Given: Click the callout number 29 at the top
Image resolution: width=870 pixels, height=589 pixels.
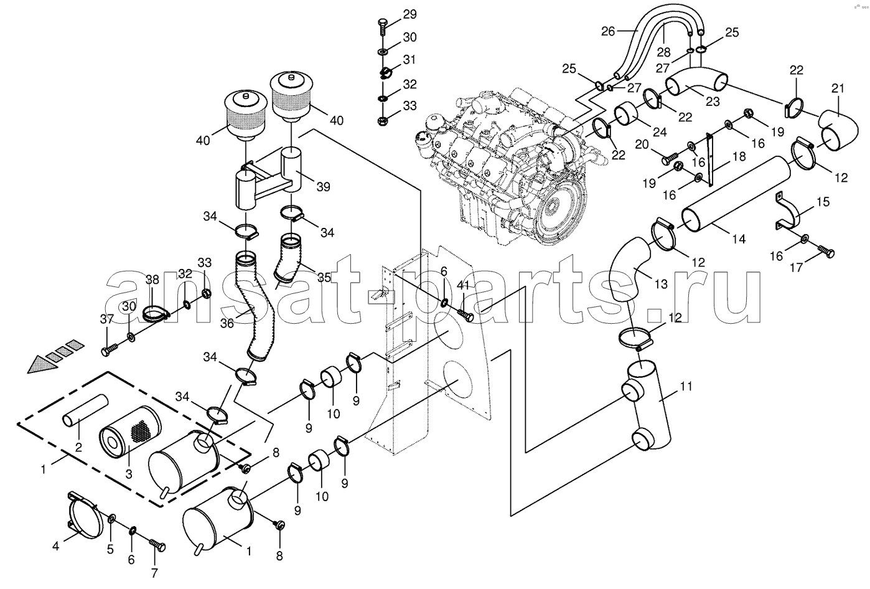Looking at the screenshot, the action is (x=409, y=14).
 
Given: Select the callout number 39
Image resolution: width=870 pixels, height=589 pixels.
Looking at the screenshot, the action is (x=323, y=187).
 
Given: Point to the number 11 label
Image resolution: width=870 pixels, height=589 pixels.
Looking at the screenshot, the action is (x=686, y=387).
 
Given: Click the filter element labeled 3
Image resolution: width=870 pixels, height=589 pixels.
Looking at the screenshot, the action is (x=129, y=433).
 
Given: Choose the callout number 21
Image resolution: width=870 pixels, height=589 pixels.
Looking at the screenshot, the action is (x=838, y=88).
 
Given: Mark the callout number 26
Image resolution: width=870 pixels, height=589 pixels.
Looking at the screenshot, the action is (x=608, y=31).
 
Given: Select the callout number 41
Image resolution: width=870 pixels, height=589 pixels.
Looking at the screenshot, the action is (x=463, y=286).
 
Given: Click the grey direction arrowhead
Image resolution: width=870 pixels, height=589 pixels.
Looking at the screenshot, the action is (x=41, y=364).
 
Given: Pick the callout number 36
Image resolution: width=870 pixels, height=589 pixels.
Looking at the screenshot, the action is (x=227, y=323).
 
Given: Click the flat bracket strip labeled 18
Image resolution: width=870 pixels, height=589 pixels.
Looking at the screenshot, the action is (x=709, y=159).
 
